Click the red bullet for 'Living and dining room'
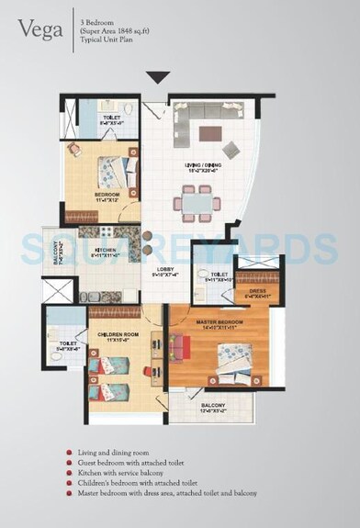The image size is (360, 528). (69, 452)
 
